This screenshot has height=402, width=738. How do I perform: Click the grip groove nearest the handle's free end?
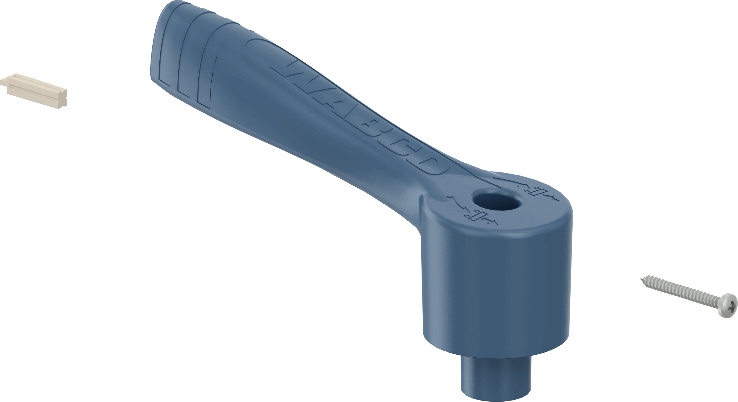click(x=165, y=44)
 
